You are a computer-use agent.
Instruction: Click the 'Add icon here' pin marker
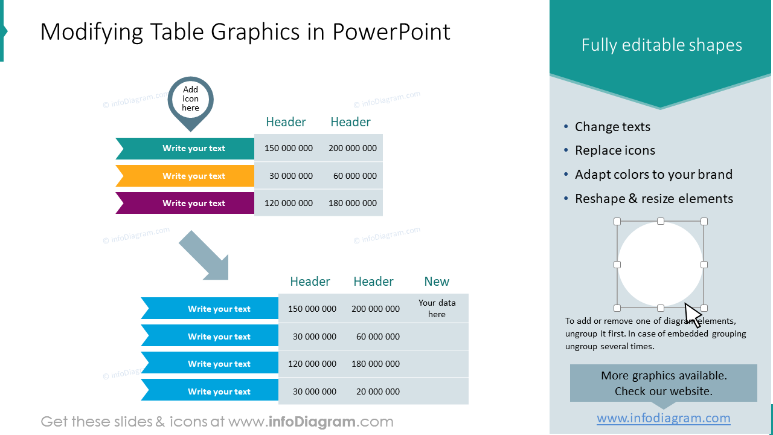coord(190,100)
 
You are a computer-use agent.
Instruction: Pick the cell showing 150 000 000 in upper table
coord(288,148)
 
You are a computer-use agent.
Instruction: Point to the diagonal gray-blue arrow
coord(204,256)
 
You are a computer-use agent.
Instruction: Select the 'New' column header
coord(437,282)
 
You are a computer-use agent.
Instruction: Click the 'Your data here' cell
coord(437,308)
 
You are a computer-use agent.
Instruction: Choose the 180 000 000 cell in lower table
coord(375,364)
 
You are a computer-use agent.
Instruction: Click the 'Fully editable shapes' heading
coord(661,45)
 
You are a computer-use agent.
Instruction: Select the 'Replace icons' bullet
coord(614,150)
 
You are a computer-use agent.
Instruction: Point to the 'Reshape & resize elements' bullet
coord(653,199)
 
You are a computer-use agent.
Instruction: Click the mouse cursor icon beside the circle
coord(692,315)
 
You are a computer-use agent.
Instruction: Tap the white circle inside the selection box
coord(660,265)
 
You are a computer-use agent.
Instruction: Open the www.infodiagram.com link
coord(663,418)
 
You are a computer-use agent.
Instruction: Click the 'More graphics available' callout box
coord(663,383)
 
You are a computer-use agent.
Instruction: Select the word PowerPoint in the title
coord(391,32)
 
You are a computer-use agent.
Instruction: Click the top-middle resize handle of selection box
coord(661,222)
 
